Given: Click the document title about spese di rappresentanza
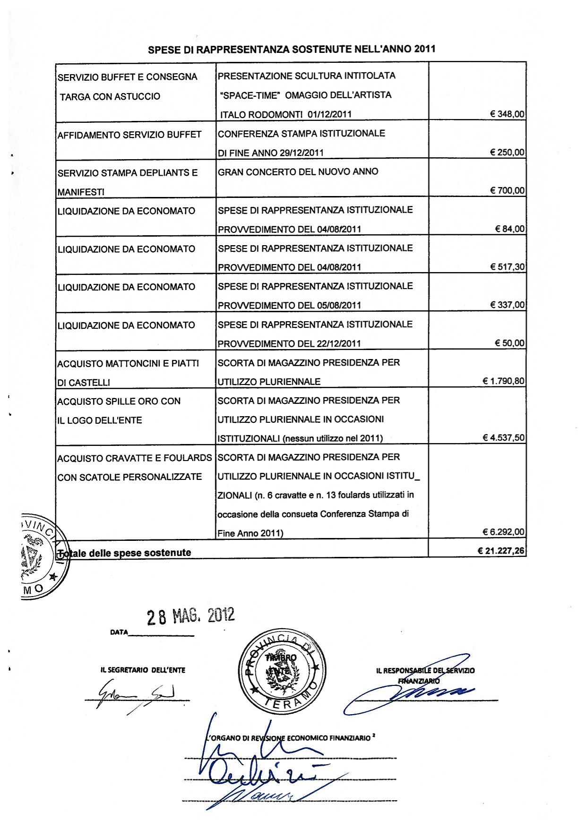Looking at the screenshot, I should [292, 49].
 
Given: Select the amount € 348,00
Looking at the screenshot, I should [507, 114].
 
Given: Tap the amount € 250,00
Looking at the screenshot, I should [507, 153].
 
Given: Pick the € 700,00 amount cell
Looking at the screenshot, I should [507, 191].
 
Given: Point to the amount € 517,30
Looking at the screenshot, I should [507, 267].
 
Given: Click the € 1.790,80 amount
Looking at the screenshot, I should [503, 381].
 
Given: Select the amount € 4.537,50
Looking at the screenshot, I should [503, 438].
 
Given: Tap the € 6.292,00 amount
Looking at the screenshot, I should [503, 532].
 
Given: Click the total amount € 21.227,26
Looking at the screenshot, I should [501, 551].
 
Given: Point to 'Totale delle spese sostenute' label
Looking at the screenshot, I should [124, 553].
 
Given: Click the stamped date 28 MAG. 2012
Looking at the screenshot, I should [190, 616].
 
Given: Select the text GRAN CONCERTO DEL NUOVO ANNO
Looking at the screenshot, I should [298, 172].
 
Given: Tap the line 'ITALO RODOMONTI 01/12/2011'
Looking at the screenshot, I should [286, 114].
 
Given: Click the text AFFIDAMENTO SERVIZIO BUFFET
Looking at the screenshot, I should [129, 135].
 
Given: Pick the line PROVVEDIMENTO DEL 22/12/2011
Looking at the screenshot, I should [289, 344].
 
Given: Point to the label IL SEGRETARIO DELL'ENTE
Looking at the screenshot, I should [143, 670].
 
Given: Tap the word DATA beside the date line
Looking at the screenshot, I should [119, 632].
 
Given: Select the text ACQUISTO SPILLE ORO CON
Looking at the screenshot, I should [119, 402].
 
